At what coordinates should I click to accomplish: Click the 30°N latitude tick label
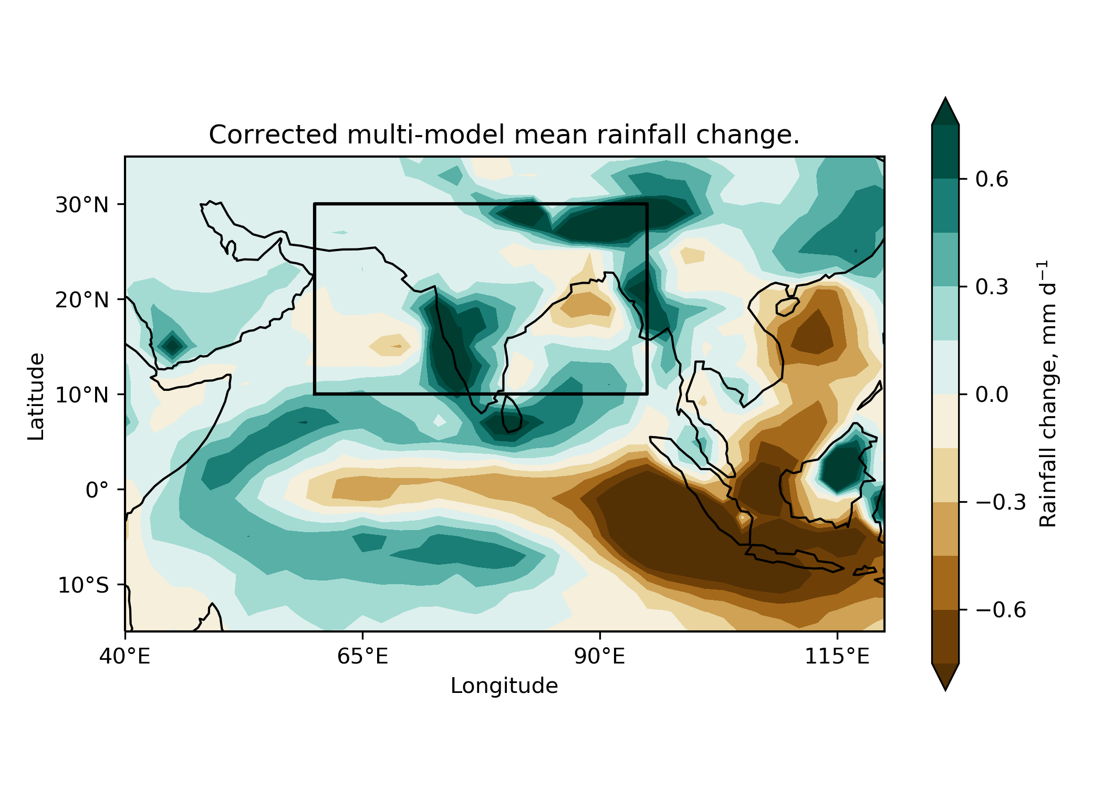pos(82,205)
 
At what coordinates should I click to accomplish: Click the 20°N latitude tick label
pos(82,300)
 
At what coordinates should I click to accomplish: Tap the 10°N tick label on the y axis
pos(82,395)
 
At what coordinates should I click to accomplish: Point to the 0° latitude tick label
pos(98,490)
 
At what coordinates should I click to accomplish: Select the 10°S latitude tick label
pos(83,585)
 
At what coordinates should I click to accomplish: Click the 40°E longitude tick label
pos(125,656)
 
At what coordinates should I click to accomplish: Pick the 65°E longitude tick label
pos(362,656)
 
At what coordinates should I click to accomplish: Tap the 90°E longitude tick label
pos(600,656)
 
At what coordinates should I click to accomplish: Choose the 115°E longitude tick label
pos(837,656)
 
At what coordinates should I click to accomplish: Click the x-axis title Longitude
pos(504,686)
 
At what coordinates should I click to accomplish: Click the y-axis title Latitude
pos(36,396)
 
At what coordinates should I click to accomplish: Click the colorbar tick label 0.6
pos(992,180)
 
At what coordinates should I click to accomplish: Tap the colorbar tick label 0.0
pos(992,395)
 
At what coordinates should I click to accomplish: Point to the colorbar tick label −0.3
pos(1001,503)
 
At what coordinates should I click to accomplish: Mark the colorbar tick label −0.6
pos(1001,610)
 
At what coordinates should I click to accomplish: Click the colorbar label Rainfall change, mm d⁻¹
pos(1048,394)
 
